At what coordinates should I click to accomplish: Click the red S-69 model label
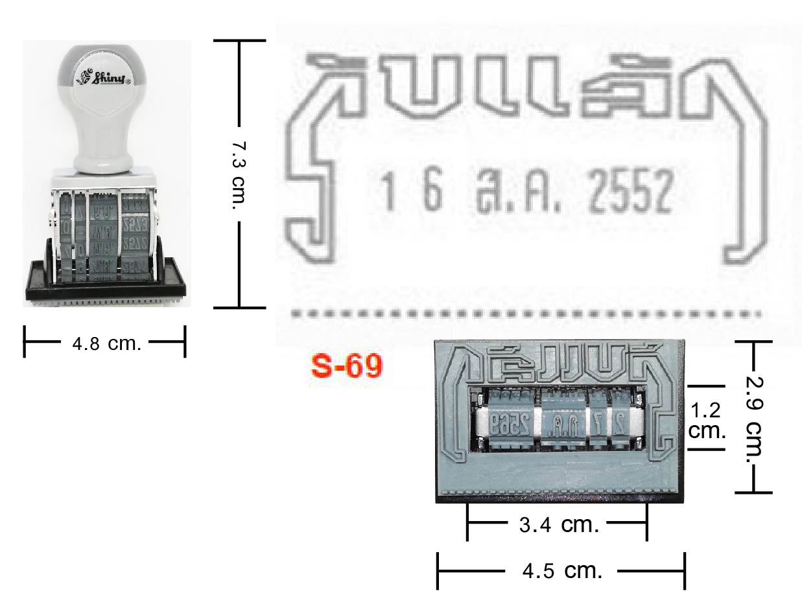pyautogui.click(x=347, y=367)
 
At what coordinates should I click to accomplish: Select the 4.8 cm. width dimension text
pyautogui.click(x=106, y=343)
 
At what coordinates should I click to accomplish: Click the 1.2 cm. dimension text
pyautogui.click(x=706, y=421)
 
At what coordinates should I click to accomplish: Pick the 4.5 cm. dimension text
pyautogui.click(x=562, y=571)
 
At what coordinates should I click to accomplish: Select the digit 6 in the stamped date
pyautogui.click(x=432, y=192)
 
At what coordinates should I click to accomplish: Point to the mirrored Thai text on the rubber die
pyautogui.click(x=558, y=366)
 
